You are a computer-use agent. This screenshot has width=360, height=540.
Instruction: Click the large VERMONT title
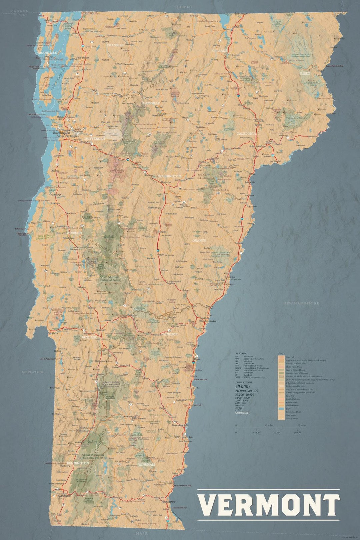pyautogui.click(x=269, y=505)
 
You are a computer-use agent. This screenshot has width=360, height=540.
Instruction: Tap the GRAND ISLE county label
pyautogui.click(x=47, y=53)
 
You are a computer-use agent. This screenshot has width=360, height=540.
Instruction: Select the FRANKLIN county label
pyautogui.click(x=115, y=45)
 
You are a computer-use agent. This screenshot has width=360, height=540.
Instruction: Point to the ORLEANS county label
pyautogui.click(x=220, y=51)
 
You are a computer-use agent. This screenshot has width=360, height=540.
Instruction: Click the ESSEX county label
pyautogui.click(x=305, y=73)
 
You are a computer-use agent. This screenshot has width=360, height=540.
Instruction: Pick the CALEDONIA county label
pyautogui.click(x=246, y=133)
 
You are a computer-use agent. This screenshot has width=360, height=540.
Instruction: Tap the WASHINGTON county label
pyautogui.click(x=169, y=176)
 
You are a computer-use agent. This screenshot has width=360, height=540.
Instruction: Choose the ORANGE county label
pyautogui.click(x=199, y=240)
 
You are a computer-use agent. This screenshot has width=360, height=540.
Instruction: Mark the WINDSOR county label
pyautogui.click(x=170, y=334)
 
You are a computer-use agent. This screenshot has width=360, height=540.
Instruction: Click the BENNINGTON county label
pyautogui.click(x=78, y=463)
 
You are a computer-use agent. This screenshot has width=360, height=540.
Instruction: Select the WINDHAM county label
pyautogui.click(x=146, y=464)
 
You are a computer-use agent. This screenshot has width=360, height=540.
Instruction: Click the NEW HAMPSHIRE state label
pyautogui.click(x=301, y=303)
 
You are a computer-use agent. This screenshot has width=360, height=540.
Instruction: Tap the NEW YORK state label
pyautogui.click(x=33, y=372)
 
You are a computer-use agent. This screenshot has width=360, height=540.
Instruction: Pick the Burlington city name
pyautogui.click(x=61, y=132)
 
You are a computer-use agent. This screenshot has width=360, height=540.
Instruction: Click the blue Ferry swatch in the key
pyautogui.click(x=281, y=408)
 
